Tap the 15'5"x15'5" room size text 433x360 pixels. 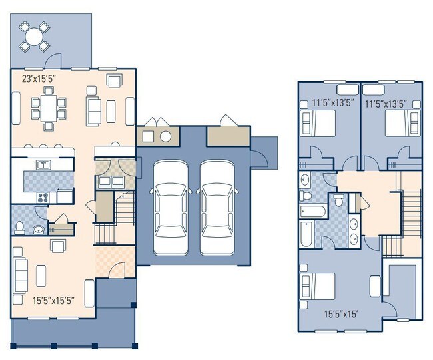tap(57, 299)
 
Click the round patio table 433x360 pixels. tap(34, 36)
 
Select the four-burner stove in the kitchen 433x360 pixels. tap(45, 197)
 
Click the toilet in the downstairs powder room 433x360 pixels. tap(20, 227)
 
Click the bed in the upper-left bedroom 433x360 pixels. tap(318, 124)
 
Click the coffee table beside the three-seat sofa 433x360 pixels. tap(42, 273)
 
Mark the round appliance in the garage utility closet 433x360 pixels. tap(165, 138)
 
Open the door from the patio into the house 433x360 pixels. tap(55, 62)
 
